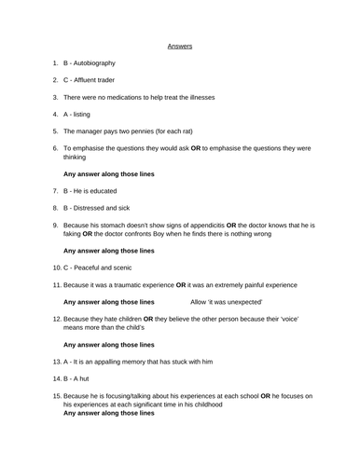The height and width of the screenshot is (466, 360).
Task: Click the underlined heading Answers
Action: point(180,44)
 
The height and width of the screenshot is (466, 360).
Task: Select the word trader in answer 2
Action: point(118,79)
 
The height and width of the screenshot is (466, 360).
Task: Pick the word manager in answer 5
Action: point(91,130)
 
